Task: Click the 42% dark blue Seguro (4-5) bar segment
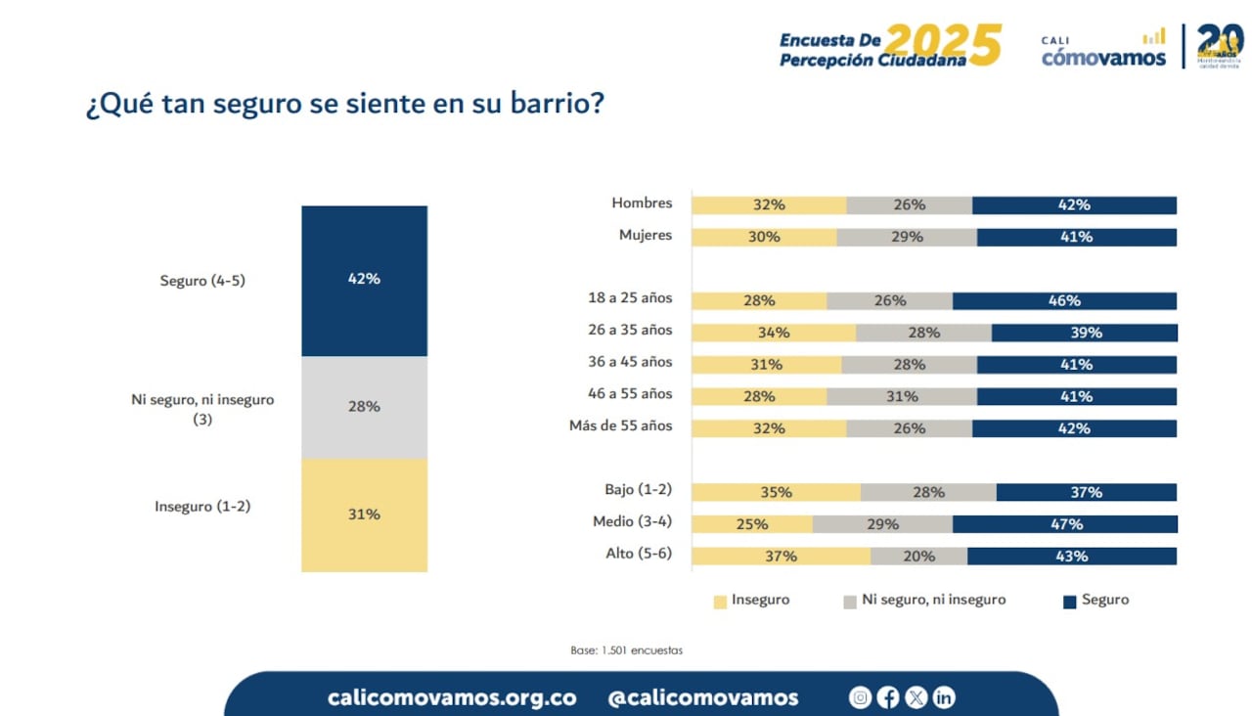click(364, 280)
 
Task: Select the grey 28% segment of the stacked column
click(364, 407)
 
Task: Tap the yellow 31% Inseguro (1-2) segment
click(364, 515)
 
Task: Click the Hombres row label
click(642, 203)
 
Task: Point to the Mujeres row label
click(646, 236)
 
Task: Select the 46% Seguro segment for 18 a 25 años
click(1064, 301)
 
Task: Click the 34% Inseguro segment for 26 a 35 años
click(773, 333)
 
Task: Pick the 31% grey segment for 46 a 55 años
click(901, 396)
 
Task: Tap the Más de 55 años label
click(621, 427)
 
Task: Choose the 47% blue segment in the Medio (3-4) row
click(1064, 524)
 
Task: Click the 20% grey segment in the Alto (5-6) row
click(918, 557)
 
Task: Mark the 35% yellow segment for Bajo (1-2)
click(776, 492)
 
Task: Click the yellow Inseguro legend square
click(721, 602)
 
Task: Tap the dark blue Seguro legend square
click(1069, 602)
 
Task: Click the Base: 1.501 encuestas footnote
click(626, 650)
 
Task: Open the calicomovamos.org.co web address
click(452, 697)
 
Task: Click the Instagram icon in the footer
click(860, 697)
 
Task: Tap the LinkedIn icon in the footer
click(943, 697)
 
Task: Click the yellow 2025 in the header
click(943, 45)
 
